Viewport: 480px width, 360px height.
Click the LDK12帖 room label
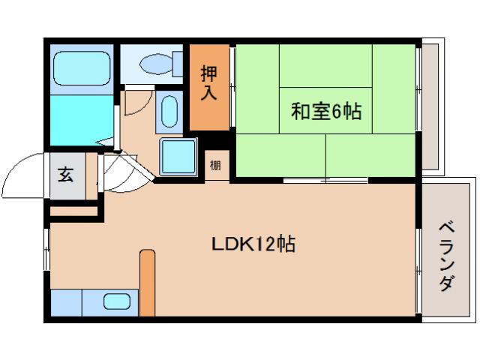pyautogui.click(x=251, y=244)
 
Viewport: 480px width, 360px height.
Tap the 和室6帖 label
pyautogui.click(x=325, y=112)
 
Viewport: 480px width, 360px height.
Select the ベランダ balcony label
pyautogui.click(x=447, y=256)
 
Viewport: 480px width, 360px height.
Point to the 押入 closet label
pyautogui.click(x=209, y=82)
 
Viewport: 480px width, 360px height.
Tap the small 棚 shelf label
pyautogui.click(x=216, y=165)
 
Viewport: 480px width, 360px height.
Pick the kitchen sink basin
pyautogui.click(x=116, y=301)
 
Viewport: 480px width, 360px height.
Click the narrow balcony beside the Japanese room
pyautogui.click(x=432, y=105)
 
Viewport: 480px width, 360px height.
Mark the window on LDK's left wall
pyautogui.click(x=47, y=247)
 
